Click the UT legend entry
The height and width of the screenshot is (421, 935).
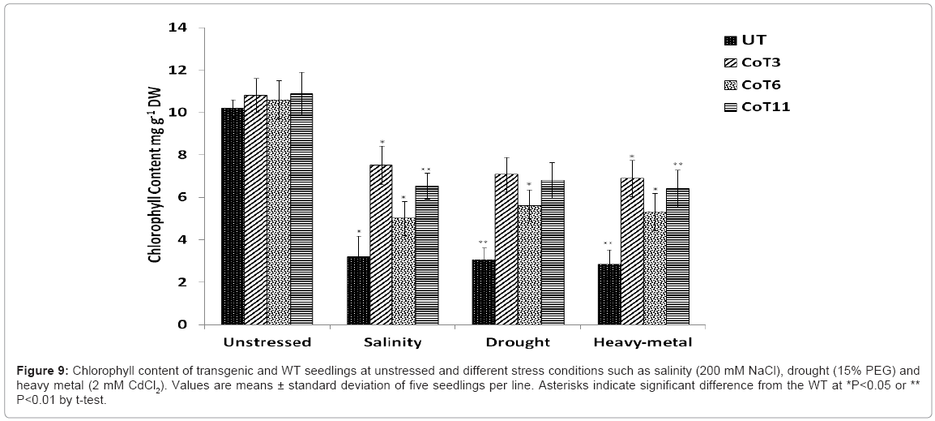pyautogui.click(x=745, y=41)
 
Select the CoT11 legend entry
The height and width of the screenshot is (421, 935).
pyautogui.click(x=754, y=106)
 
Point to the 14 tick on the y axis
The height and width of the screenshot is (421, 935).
pyautogui.click(x=177, y=28)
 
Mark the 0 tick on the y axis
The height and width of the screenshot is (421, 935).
pyautogui.click(x=181, y=324)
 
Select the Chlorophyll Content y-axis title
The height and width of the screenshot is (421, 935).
pyautogui.click(x=154, y=176)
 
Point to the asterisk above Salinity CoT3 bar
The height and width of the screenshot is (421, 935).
pyautogui.click(x=382, y=142)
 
